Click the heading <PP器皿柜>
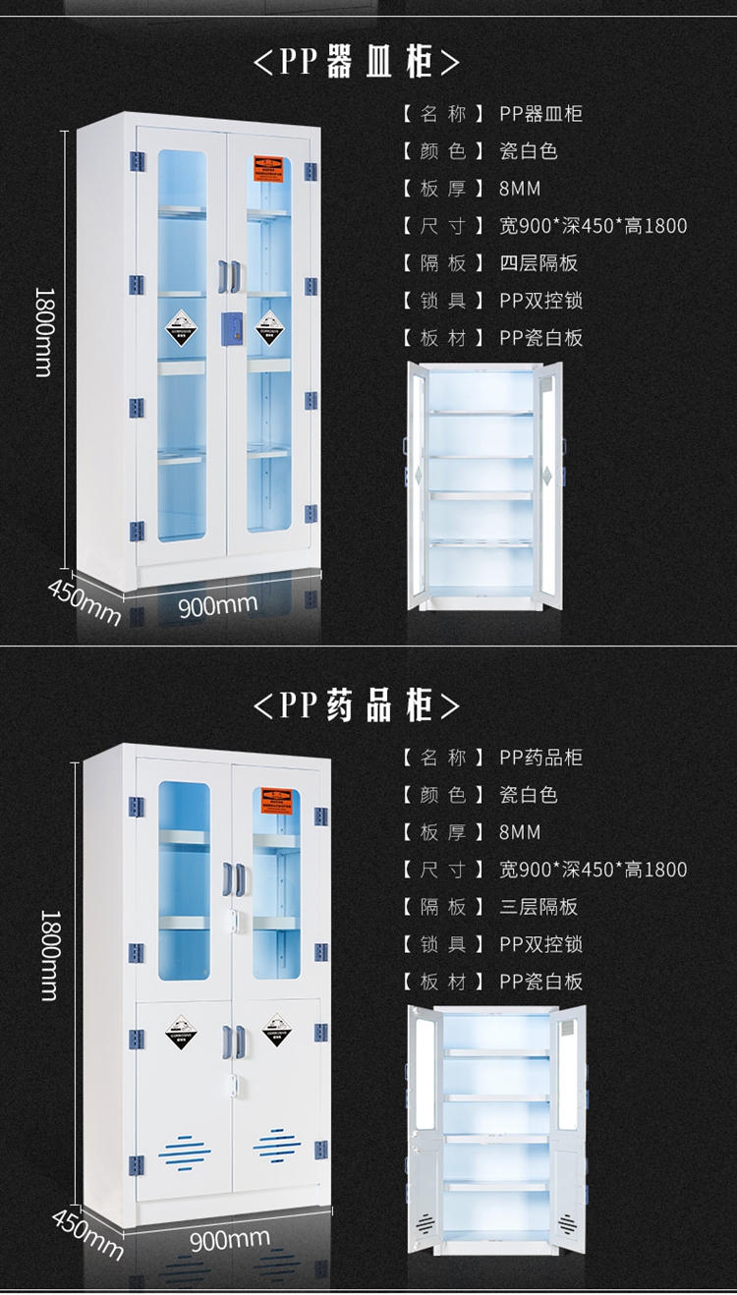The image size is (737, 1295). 356,62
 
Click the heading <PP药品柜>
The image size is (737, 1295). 356,704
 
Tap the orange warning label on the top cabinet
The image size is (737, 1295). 269,167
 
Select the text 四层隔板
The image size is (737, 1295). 539,263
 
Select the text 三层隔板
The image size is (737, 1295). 539,907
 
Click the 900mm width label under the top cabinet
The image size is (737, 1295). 217,603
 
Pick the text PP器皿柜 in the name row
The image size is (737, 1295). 540,114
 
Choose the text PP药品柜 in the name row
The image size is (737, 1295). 540,758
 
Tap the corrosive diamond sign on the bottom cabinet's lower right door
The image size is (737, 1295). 277,1029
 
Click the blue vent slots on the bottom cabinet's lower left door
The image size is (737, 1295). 185,1147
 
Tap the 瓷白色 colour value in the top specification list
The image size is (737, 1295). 529,151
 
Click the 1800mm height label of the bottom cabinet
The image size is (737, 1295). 47,953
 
